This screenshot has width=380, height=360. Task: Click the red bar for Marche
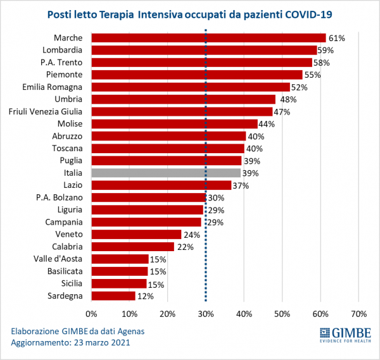pos(208,38)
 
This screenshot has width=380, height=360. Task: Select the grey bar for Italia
pos(166,173)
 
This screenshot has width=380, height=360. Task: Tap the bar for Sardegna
pos(113,295)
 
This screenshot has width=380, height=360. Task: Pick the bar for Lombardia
pos(204,50)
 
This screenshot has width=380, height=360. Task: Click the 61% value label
pos(336,38)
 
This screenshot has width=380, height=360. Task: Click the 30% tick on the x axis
pos(205,314)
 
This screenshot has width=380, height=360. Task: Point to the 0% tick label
pos(91,314)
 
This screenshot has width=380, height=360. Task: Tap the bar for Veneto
pos(136,234)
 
